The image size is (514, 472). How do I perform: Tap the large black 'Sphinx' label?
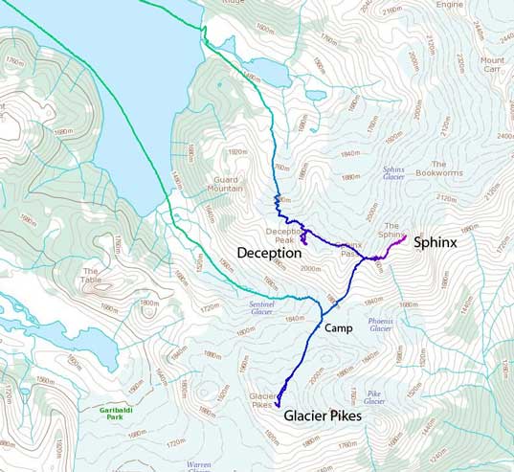435,243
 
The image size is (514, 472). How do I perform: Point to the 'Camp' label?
339,327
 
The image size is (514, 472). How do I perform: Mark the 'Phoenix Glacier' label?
381,324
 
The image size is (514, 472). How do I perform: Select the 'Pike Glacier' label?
374,397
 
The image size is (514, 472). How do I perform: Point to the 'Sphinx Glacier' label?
393,173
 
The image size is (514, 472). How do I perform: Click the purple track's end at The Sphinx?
407,236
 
